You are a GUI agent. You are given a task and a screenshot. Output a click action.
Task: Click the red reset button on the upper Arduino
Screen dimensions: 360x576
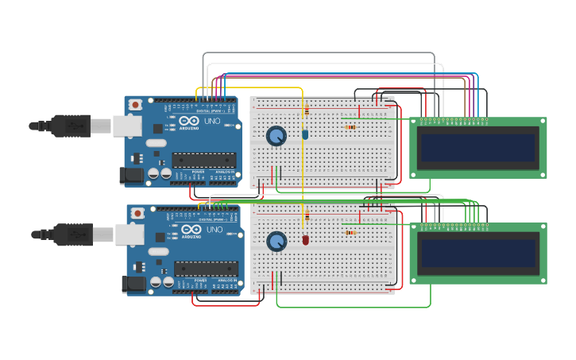click(136, 104)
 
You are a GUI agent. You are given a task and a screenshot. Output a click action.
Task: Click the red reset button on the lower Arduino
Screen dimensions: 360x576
click(138, 213)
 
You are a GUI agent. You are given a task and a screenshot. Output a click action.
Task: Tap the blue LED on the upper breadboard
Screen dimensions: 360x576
click(305, 134)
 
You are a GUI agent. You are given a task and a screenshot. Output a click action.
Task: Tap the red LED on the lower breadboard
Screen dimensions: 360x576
click(305, 239)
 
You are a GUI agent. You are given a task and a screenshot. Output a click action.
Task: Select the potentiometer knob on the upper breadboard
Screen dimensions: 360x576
click(276, 136)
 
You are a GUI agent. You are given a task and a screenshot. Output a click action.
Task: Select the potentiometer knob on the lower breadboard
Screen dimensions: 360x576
click(276, 242)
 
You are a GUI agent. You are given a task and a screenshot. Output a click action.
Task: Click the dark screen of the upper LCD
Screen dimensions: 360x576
click(478, 148)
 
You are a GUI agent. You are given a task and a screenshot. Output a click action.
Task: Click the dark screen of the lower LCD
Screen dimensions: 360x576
click(478, 254)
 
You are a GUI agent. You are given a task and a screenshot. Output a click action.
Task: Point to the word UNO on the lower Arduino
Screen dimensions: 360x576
click(215, 231)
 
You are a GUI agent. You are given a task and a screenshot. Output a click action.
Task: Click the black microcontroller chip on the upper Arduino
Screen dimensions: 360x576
click(203, 161)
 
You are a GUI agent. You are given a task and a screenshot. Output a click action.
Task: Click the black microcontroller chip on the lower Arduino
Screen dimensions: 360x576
click(206, 269)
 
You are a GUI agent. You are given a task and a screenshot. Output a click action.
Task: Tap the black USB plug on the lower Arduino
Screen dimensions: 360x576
click(72, 234)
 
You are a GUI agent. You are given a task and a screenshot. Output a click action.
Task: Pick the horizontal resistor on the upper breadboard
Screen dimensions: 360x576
click(350, 127)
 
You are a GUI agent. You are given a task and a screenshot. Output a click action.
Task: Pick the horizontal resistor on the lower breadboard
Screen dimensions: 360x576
click(350, 233)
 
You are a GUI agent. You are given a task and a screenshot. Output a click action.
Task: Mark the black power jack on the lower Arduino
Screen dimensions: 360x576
click(133, 284)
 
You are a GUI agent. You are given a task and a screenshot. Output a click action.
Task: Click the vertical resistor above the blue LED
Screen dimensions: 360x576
click(306, 112)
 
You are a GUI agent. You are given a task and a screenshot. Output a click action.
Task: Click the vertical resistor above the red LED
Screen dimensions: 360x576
click(306, 216)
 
